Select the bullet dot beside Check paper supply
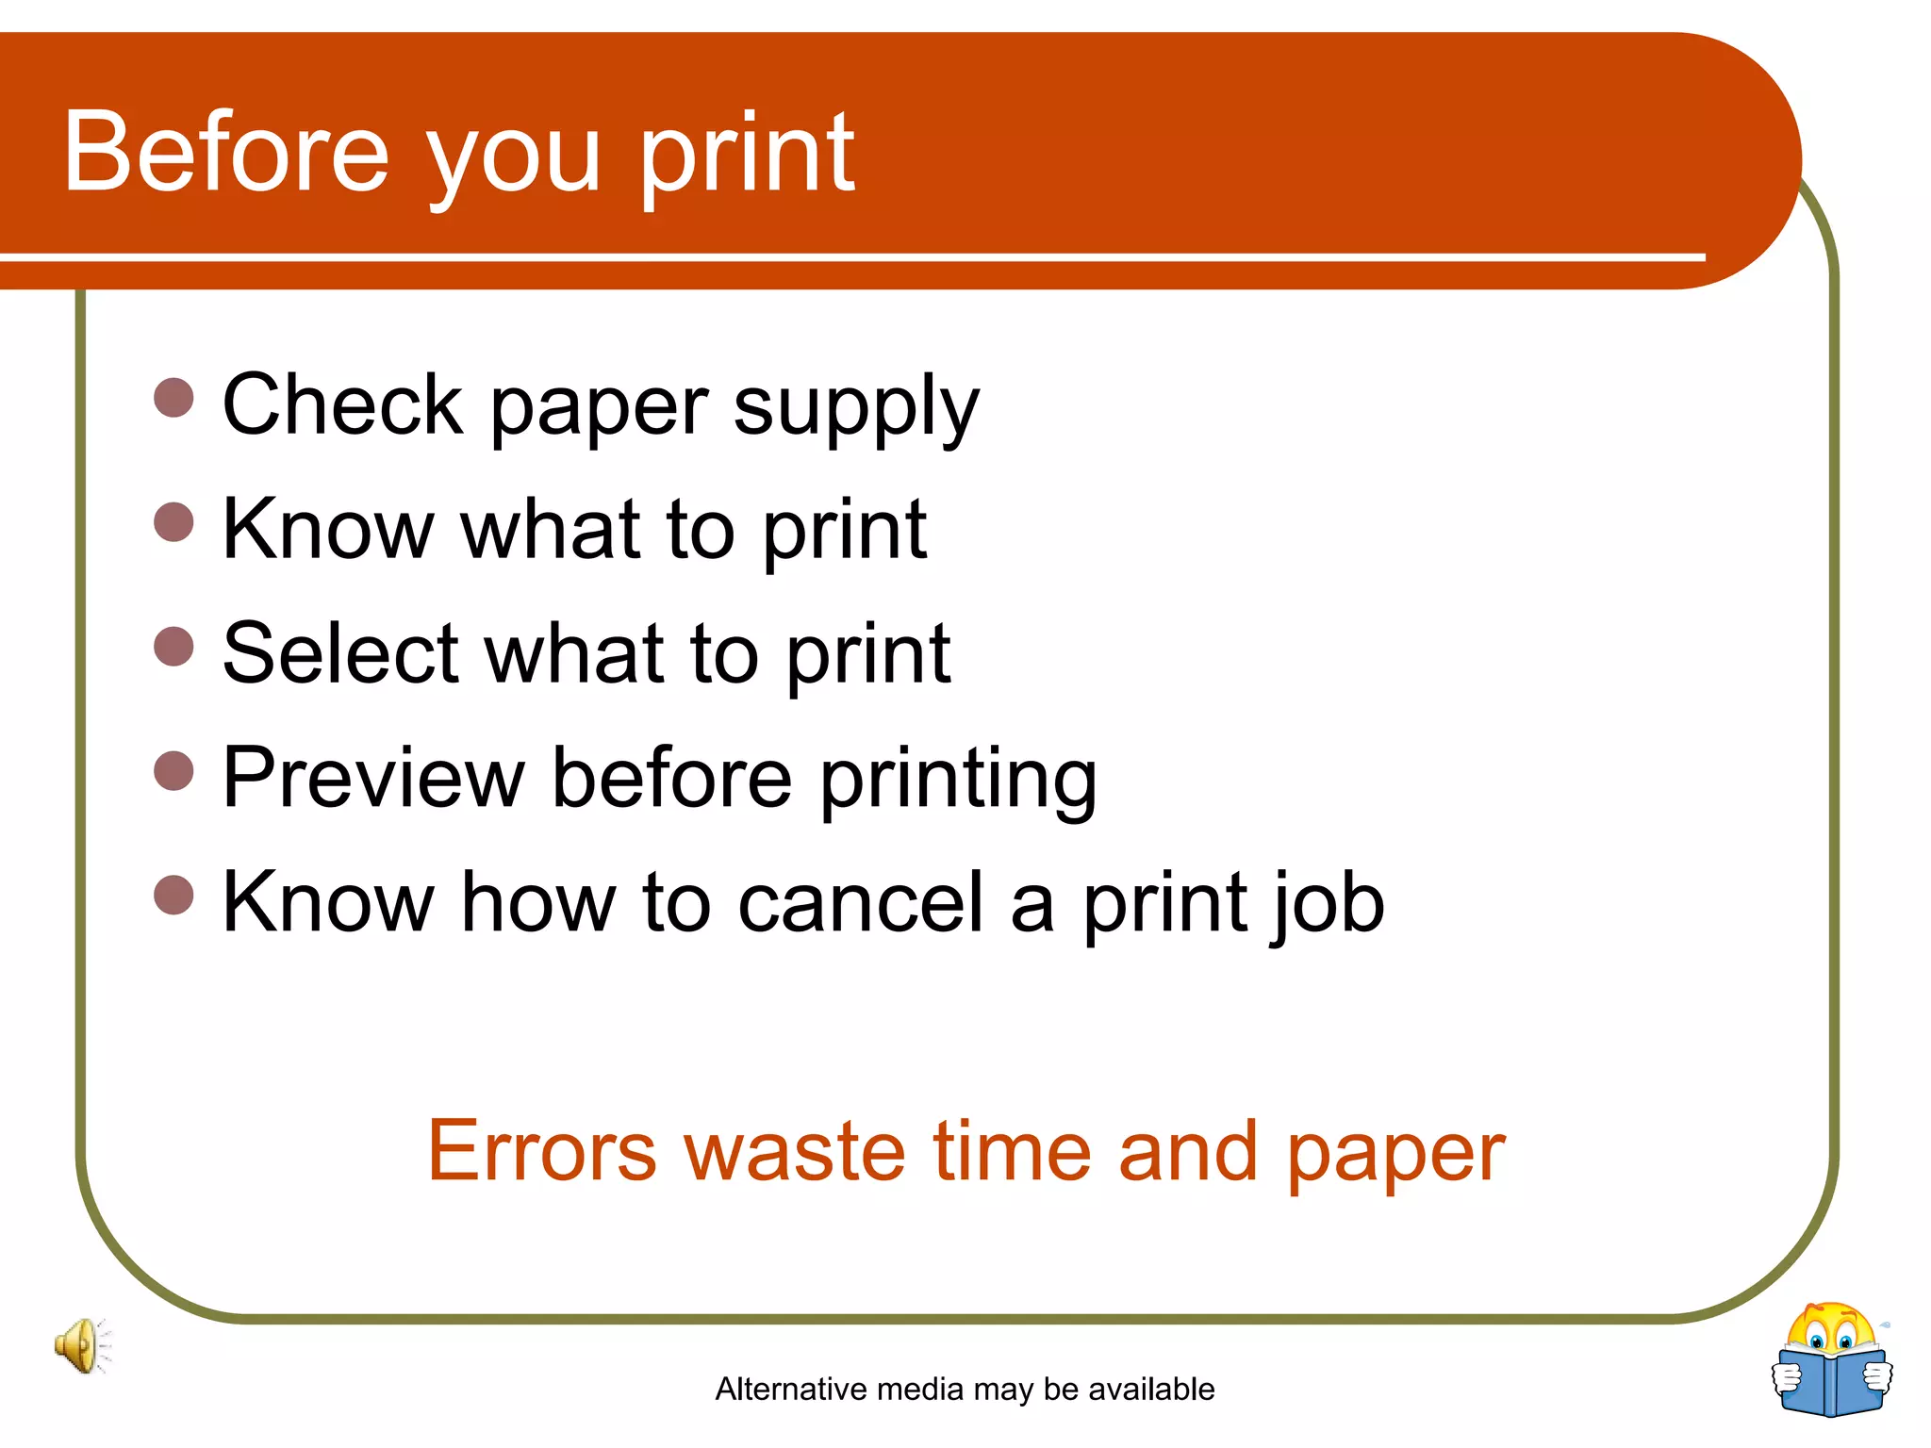click(173, 398)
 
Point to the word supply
click(856, 407)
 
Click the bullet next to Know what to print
click(173, 522)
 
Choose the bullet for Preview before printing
click(173, 770)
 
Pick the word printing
click(958, 781)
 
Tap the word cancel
click(860, 902)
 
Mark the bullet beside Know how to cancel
click(173, 895)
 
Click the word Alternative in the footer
click(791, 1389)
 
